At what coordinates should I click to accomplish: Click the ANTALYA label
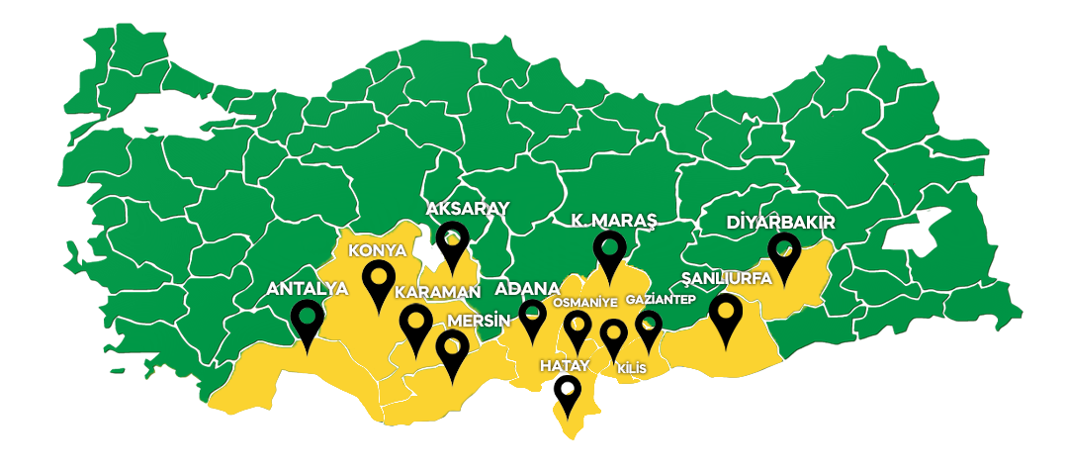308,289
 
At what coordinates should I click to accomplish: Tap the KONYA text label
377,250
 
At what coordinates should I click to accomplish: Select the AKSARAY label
467,209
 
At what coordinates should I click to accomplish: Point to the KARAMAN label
437,292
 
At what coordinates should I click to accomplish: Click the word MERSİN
479,322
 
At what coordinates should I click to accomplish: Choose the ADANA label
527,288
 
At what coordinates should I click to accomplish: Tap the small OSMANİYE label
585,302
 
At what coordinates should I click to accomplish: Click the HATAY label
564,365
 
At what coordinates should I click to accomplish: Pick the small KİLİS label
631,368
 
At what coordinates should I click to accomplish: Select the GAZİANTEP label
662,298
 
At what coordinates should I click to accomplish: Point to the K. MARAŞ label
614,219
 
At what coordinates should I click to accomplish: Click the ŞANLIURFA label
727,278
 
